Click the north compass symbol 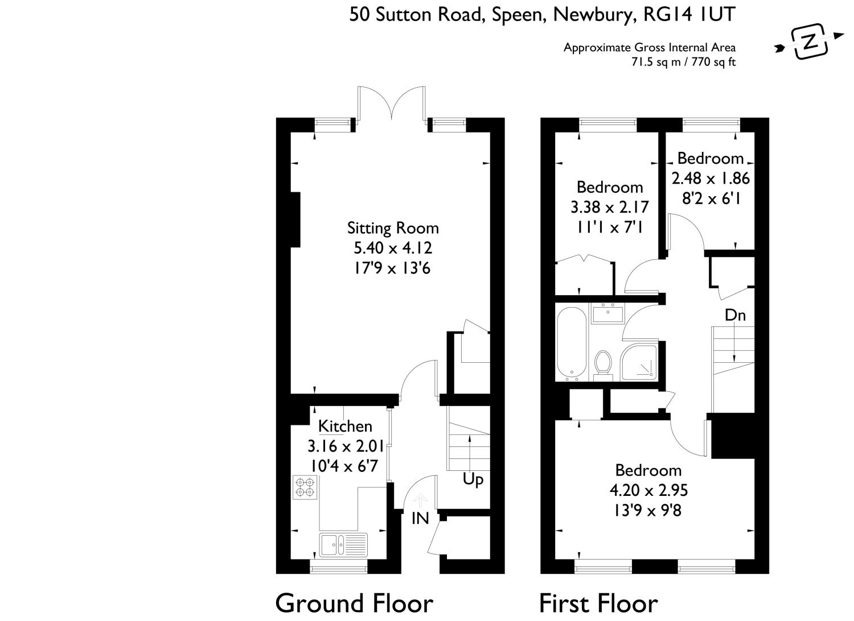pos(808,41)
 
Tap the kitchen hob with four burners pos(305,487)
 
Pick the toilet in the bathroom pos(602,364)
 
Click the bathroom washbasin pos(608,313)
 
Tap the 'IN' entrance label pos(420,518)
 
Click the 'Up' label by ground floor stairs pos(473,479)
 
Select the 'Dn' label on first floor pos(735,315)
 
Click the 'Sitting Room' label pos(393,228)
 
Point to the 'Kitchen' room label pos(345,426)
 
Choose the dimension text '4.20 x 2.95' pos(648,490)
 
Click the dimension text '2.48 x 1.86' pos(711,179)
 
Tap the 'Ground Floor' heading pos(354,603)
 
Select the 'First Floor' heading pos(598,603)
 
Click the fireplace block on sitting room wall pos(295,220)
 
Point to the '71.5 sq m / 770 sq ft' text pos(683,62)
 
